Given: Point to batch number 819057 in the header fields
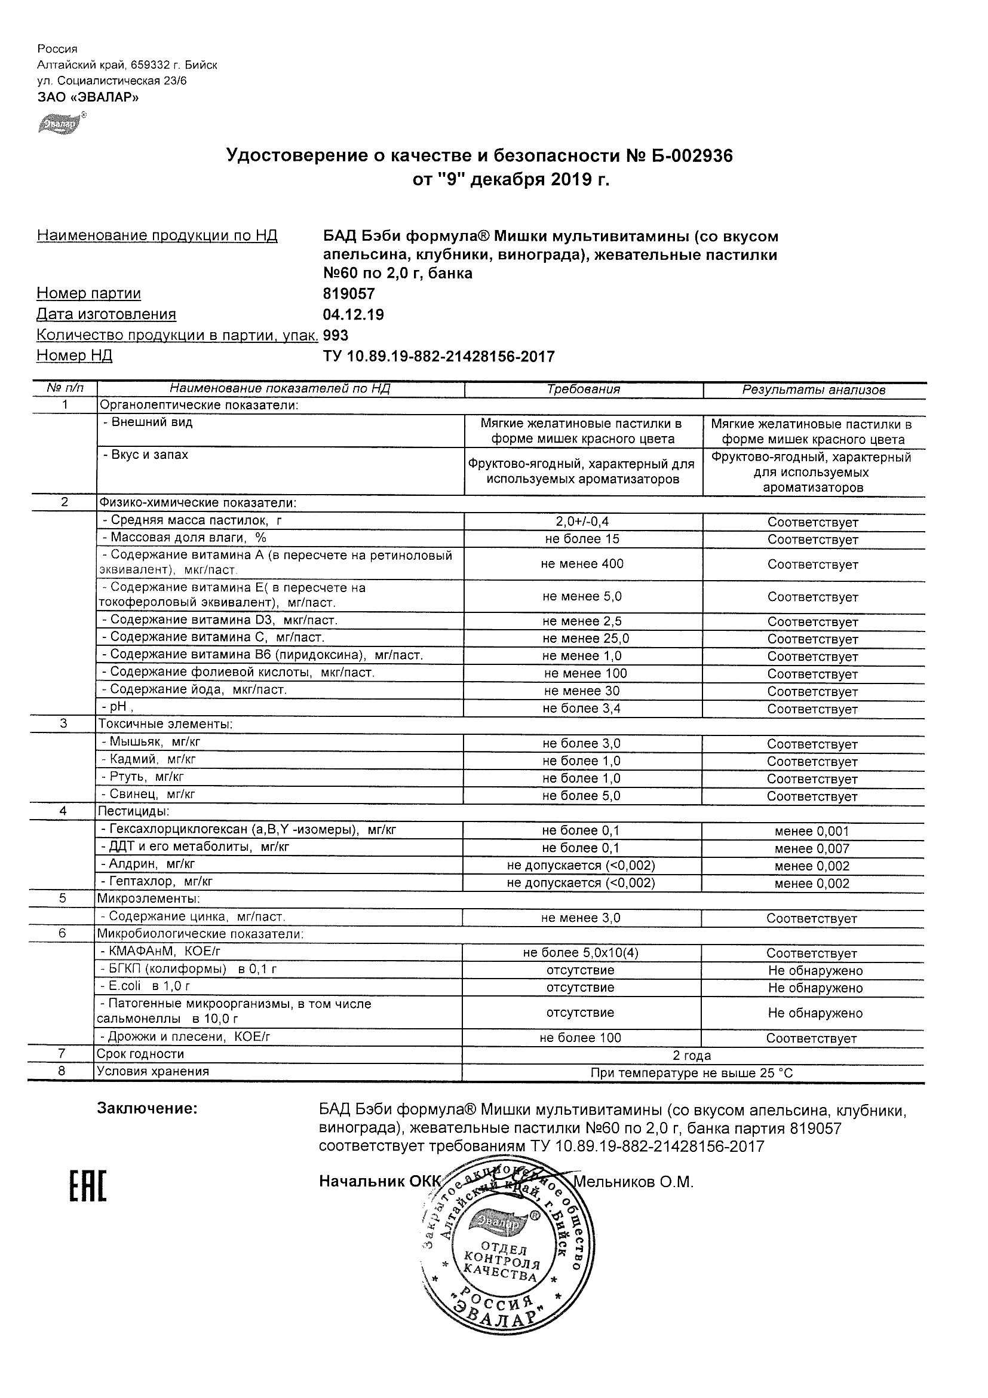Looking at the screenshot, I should point(349,294).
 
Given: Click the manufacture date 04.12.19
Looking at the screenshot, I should point(353,315).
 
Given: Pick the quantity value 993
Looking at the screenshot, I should point(336,336).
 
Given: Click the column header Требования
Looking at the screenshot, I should point(582,390).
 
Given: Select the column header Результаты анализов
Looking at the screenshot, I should point(814,390).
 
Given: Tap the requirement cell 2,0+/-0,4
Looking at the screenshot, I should point(582,522).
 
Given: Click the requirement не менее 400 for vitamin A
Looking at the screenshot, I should point(582,564).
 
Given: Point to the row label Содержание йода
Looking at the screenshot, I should point(194,689).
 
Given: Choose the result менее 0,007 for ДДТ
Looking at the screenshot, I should point(811,849).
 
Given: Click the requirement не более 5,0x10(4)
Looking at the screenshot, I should point(581,953).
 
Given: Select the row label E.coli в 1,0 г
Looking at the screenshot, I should point(146,986).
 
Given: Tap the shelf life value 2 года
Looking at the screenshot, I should point(692,1056).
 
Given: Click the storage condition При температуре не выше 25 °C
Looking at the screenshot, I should point(692,1073).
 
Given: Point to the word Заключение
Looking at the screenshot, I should point(148,1109).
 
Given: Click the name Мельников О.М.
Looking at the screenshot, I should point(633,1182).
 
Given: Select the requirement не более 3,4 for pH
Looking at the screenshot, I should point(582,708).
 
